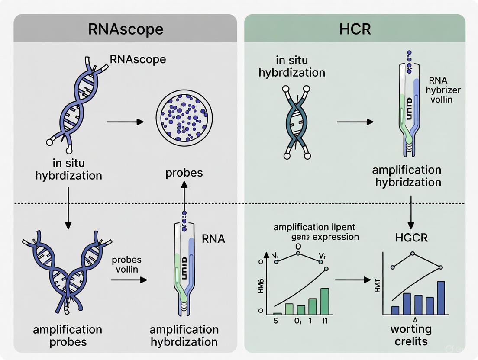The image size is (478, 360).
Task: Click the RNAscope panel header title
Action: [126, 29]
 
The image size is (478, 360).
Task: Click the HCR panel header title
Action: [355, 29]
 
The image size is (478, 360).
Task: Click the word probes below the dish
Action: [184, 172]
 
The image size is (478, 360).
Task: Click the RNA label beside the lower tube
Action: [213, 238]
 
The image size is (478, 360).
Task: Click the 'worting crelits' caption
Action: [410, 335]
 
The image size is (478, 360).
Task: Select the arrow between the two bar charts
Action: [353, 280]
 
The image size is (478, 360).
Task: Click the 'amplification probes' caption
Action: [68, 335]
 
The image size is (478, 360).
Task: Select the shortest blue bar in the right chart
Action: [395, 310]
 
